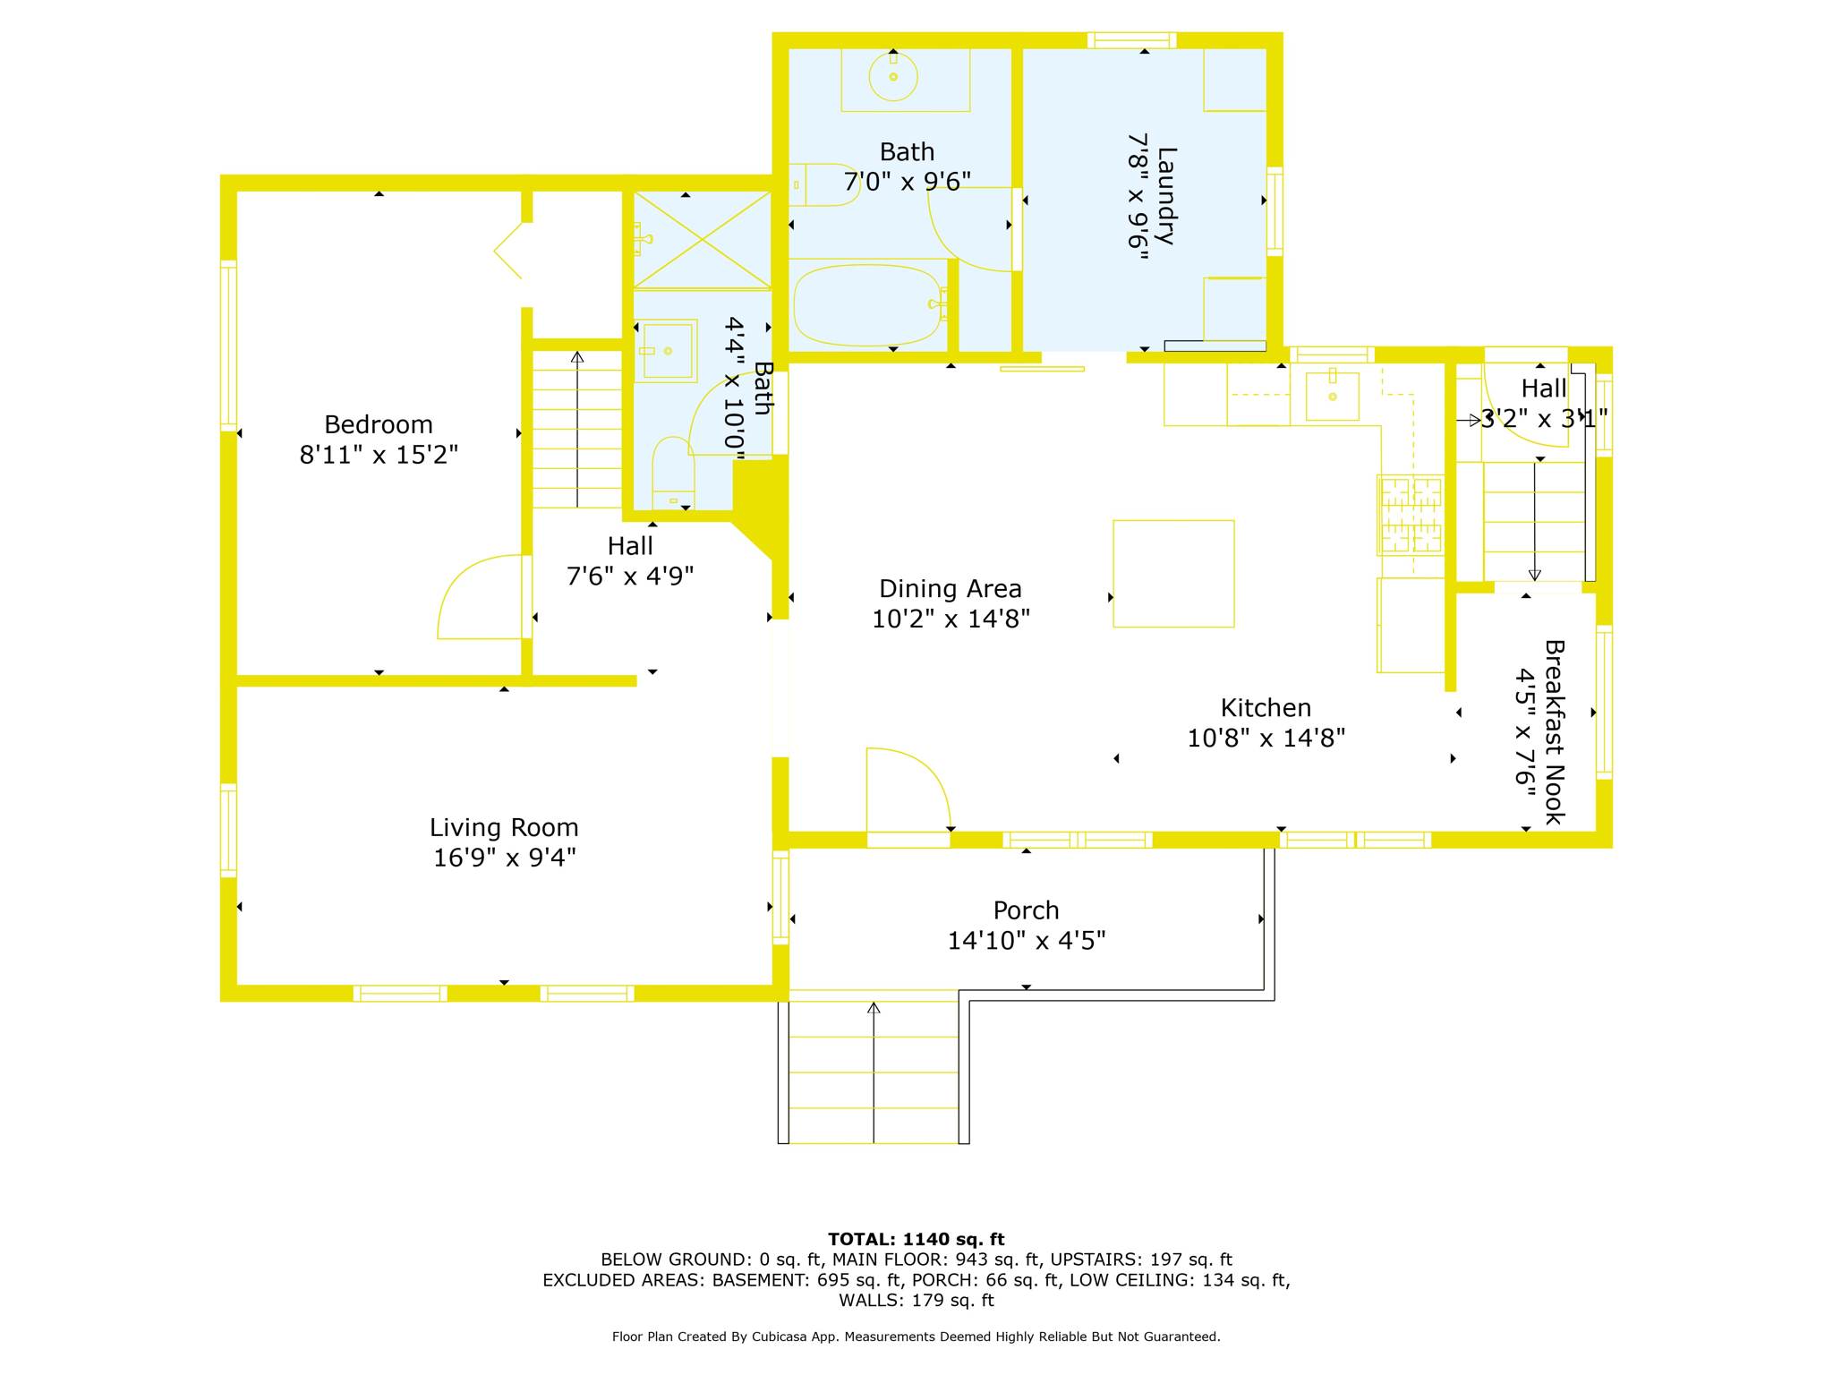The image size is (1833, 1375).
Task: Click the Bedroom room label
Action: [x=378, y=424]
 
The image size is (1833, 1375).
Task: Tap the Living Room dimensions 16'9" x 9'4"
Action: [x=505, y=858]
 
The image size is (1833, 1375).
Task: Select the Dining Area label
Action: [x=951, y=589]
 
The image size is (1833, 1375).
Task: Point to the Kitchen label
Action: [x=1266, y=708]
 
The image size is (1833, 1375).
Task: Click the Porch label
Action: [x=1027, y=910]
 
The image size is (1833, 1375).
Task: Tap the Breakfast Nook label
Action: [x=1554, y=732]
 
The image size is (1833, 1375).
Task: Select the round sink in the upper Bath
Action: [x=893, y=77]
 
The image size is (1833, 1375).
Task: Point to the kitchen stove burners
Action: [x=1411, y=515]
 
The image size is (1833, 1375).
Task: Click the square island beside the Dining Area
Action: [x=1173, y=574]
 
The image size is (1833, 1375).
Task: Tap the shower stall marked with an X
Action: [x=703, y=240]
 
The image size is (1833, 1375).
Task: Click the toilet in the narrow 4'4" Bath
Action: [x=673, y=474]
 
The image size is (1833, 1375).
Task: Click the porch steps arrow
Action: [x=874, y=1072]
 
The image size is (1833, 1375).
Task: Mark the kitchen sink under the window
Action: [x=1333, y=396]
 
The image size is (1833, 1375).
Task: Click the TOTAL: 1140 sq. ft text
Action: [x=916, y=1239]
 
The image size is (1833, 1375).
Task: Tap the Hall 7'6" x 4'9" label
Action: [x=630, y=560]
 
